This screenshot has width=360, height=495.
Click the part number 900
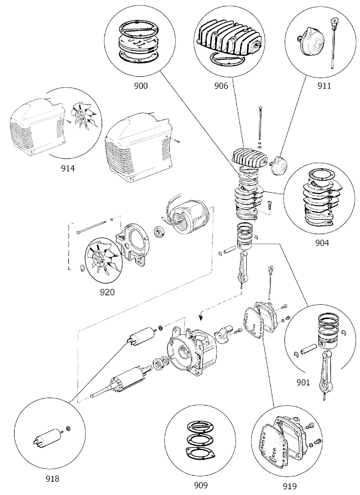141,86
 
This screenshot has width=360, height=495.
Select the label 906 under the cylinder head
221,86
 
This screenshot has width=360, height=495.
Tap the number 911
324,86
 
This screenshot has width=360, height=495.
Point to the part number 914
68,168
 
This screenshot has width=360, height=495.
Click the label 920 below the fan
108,292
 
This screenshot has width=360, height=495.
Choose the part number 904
322,243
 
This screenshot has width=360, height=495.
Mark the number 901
303,382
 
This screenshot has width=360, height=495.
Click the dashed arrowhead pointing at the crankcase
201,317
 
